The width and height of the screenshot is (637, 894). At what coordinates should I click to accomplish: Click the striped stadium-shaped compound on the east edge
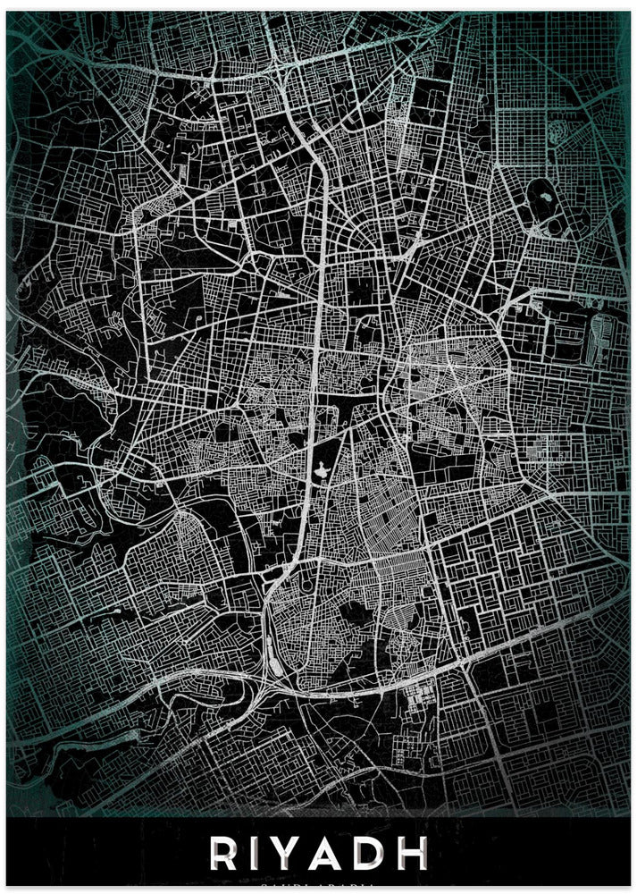pyautogui.click(x=599, y=336)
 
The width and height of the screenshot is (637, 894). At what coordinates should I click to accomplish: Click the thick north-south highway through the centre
pyautogui.click(x=319, y=358)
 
